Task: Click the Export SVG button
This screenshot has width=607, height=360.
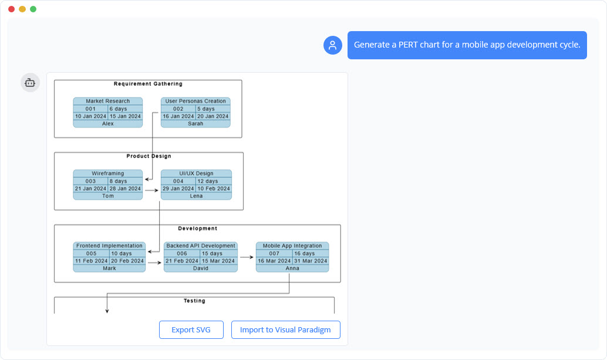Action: click(191, 329)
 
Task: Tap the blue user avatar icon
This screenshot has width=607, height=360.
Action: click(333, 45)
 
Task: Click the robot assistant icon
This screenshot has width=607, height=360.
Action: click(31, 83)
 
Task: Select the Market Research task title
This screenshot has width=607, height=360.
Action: click(107, 101)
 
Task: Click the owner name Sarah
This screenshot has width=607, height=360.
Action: click(195, 124)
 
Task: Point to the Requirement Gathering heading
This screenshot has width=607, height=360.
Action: click(148, 84)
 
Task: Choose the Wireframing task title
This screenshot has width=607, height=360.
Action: click(107, 173)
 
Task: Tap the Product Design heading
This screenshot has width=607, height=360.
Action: click(149, 156)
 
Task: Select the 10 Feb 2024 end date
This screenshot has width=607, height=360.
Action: click(214, 189)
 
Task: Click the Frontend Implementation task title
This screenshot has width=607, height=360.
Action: click(109, 245)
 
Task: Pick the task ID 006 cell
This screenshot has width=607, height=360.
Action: click(181, 253)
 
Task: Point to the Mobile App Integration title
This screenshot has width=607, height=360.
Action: click(292, 245)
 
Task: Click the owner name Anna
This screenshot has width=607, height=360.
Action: click(292, 268)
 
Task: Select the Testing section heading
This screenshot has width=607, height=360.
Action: click(194, 301)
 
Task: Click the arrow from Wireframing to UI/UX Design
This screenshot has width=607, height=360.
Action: click(151, 190)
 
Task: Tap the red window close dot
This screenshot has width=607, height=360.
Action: click(11, 9)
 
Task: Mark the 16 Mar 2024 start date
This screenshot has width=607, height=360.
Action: click(274, 261)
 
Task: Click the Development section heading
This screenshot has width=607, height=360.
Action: click(197, 228)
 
